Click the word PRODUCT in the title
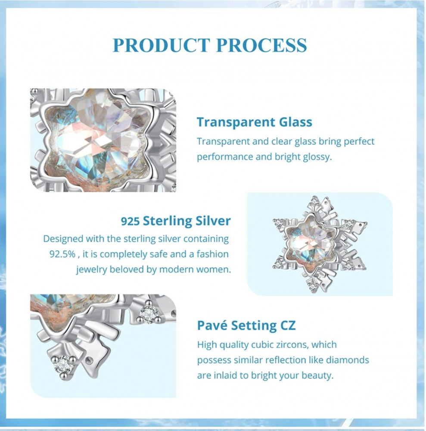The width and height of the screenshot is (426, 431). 161,45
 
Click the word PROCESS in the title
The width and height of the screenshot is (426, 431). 261,45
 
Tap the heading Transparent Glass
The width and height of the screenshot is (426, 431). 255,122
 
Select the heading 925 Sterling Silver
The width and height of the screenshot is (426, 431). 176,221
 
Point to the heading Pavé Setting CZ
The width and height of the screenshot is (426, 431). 246,325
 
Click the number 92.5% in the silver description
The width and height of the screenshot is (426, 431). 62,254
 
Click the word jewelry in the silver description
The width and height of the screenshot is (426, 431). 92,270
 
